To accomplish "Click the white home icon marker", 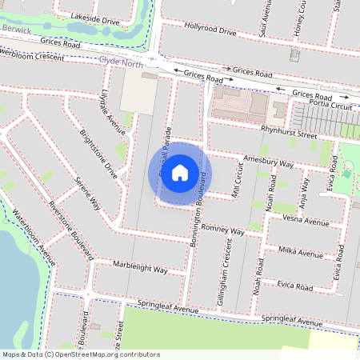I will click(x=180, y=173).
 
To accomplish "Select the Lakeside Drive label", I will click(x=95, y=17).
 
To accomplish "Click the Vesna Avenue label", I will click(x=306, y=222).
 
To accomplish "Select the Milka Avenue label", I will click(x=300, y=253).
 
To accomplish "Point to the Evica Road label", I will click(x=293, y=286).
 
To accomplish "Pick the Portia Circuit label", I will click(x=334, y=105).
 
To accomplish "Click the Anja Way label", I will click(x=303, y=191).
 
